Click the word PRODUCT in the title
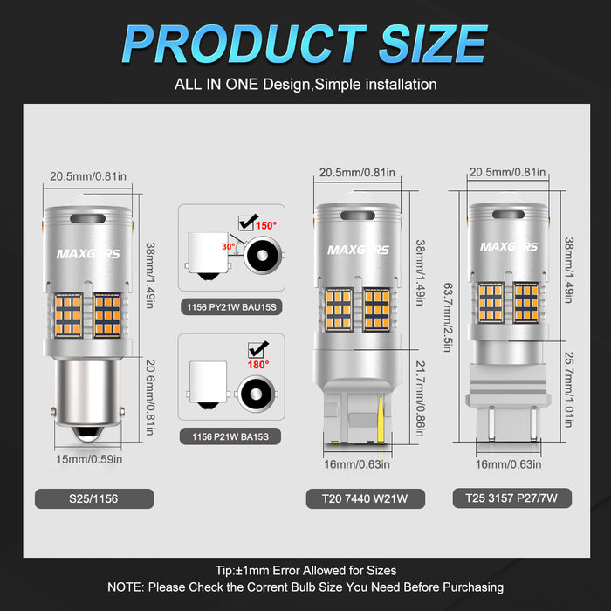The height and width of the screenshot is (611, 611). (244, 44)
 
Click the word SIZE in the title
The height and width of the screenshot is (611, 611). (433, 44)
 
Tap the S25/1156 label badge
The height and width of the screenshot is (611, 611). (94, 498)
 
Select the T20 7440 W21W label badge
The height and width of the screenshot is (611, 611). (365, 498)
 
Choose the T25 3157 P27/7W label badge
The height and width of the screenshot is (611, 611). (512, 498)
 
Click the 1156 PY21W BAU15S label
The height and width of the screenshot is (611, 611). (231, 307)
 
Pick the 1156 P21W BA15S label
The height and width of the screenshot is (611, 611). (230, 436)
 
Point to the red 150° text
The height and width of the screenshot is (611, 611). (266, 225)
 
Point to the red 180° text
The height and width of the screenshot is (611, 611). (258, 365)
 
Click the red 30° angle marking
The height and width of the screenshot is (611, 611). (229, 247)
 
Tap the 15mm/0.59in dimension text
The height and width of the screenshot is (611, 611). (89, 459)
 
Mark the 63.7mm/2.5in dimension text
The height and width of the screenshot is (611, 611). (448, 317)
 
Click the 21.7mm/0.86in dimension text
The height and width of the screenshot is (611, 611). (421, 399)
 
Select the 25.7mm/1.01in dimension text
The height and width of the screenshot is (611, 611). (569, 389)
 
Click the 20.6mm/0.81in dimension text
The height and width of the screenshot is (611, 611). (150, 397)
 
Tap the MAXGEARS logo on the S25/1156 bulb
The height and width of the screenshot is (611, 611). (88, 254)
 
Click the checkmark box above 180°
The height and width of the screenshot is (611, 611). (257, 349)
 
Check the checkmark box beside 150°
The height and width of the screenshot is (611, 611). (247, 222)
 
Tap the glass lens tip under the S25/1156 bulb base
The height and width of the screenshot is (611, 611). (87, 433)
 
